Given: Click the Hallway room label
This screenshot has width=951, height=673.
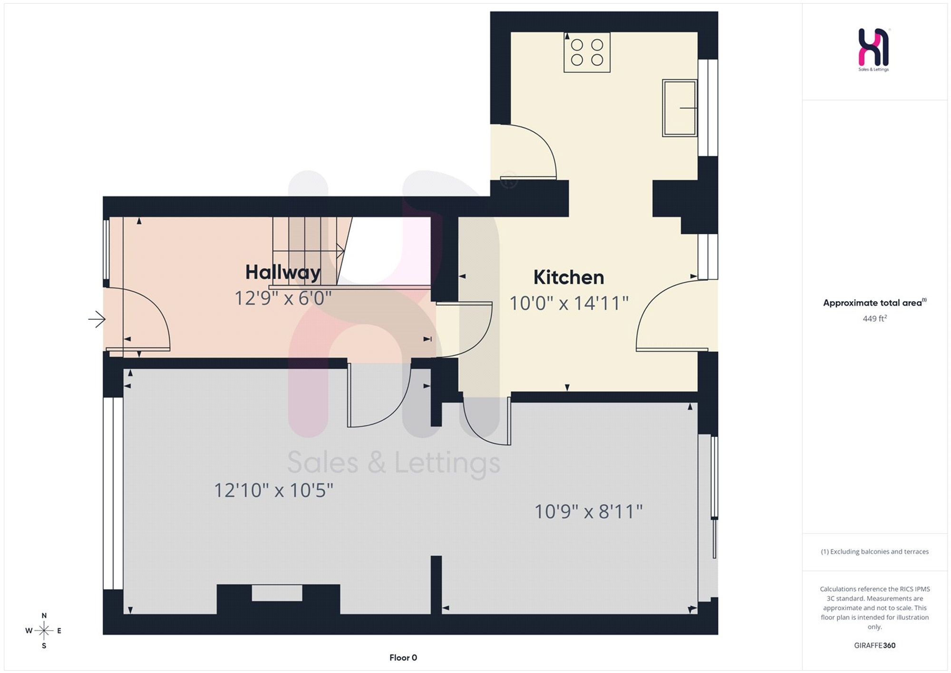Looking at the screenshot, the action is pos(283,273).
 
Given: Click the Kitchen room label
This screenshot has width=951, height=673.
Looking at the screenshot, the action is pos(569,277).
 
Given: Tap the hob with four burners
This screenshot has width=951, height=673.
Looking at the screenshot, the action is pos(587,52).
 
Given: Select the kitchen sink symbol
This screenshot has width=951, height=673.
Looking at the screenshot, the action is pos(679,108).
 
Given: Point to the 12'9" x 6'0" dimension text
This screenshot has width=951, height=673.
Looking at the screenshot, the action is pos(283,298).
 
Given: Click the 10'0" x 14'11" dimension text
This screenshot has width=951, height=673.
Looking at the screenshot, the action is pos(569,303).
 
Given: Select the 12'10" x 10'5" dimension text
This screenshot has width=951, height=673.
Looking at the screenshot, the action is pos(273,490).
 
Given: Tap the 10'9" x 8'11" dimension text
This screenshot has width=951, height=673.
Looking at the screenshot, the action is pos(588,512).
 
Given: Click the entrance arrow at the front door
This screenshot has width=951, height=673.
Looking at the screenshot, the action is pos(97,319).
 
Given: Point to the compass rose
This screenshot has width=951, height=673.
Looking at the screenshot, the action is pos(44,631).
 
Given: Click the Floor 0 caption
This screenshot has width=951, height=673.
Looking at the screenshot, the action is pos(403,658).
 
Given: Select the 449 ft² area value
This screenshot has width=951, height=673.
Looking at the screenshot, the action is pos(874,318).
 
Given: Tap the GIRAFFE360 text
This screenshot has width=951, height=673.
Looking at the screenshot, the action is pos(874,645).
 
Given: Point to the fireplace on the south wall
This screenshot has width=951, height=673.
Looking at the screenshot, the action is pos(278,599).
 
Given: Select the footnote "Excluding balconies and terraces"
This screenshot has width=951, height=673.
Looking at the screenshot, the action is pos(874,552).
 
